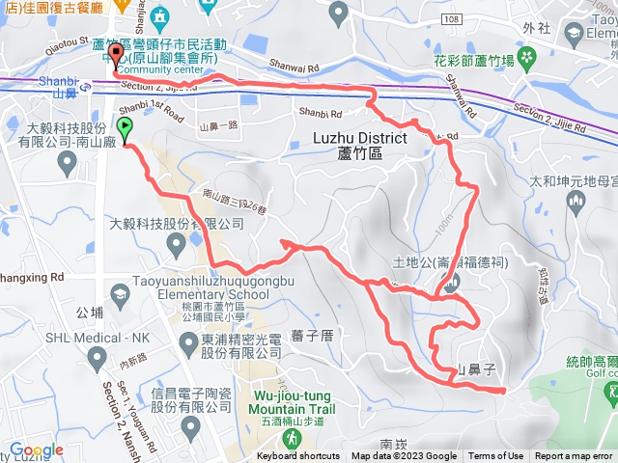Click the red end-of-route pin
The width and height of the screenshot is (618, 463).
(x=116, y=54)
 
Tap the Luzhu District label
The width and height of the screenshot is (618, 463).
(x=360, y=146)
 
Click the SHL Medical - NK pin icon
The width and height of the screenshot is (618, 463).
(x=96, y=359)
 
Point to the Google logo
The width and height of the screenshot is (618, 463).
(x=36, y=450)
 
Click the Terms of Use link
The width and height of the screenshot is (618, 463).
(x=496, y=456)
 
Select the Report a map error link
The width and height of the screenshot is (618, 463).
(x=575, y=456)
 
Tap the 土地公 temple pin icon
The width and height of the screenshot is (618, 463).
(x=452, y=281)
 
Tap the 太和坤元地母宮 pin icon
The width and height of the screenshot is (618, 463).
(x=576, y=201)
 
